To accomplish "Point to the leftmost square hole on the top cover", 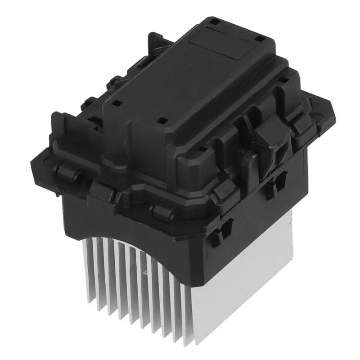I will (114, 103).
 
